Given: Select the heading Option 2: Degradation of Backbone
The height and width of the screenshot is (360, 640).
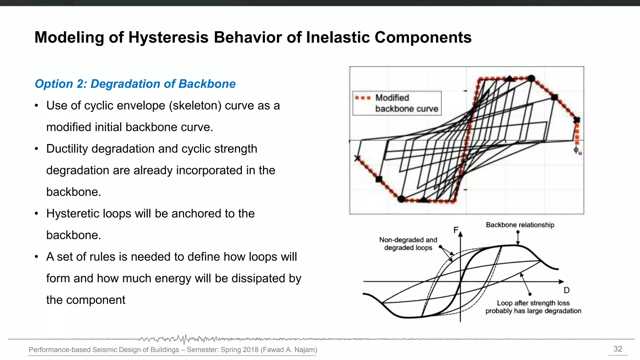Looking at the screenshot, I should click(x=135, y=84).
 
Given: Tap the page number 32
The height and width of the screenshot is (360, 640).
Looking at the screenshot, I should click(x=617, y=349).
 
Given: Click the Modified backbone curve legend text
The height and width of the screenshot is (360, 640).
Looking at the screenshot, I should click(x=406, y=103).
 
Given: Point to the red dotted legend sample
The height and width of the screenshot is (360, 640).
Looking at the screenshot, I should click(x=363, y=98).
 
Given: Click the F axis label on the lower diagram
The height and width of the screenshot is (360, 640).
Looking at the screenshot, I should click(x=456, y=230).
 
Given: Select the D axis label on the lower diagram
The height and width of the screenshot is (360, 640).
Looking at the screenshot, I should click(x=566, y=290).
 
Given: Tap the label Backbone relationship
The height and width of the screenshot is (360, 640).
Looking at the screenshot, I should click(x=520, y=225).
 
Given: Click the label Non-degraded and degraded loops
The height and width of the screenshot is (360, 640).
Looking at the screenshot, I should click(x=408, y=244).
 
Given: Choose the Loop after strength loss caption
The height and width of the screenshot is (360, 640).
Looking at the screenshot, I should click(x=533, y=307).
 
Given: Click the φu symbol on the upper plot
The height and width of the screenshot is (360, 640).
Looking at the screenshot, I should click(x=577, y=150).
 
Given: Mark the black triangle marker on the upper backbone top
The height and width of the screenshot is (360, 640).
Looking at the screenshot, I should click(x=510, y=78).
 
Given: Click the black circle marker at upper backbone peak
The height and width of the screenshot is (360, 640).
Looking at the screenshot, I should click(x=531, y=78).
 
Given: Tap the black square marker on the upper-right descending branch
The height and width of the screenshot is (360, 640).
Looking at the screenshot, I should click(x=554, y=97).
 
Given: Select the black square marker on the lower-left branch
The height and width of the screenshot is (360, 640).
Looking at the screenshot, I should click(x=379, y=179).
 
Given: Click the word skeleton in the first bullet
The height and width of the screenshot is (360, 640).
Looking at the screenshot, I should click(x=195, y=106).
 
